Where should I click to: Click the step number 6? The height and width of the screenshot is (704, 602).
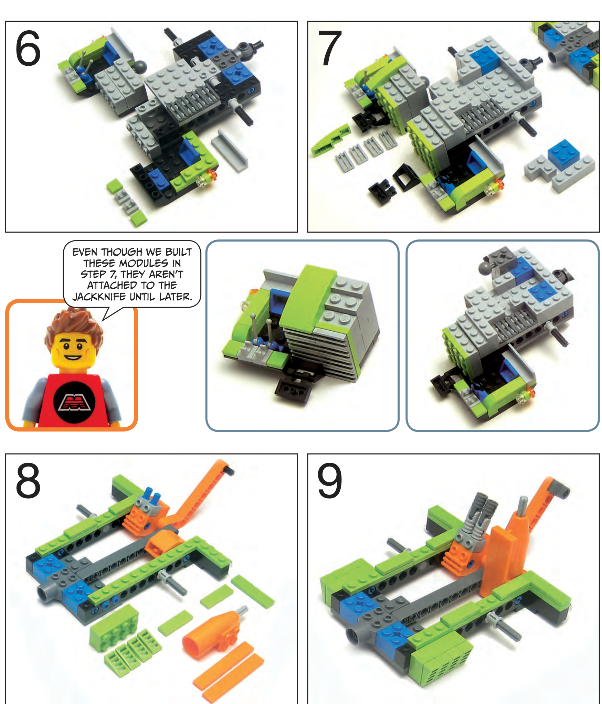point(28,48)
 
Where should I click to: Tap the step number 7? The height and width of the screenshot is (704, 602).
point(330,48)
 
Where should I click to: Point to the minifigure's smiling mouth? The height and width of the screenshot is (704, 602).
point(73,357)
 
